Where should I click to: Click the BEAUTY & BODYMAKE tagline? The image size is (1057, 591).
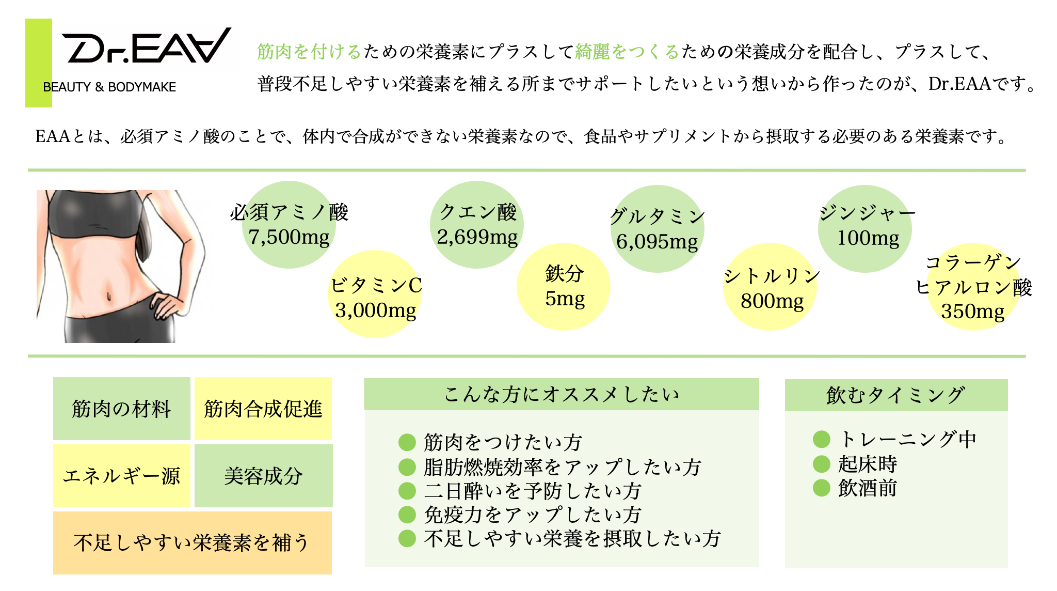click(109, 87)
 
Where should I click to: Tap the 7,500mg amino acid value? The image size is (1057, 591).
click(289, 237)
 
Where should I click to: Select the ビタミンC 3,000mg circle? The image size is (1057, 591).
click(376, 294)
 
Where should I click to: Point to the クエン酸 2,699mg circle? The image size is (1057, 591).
click(477, 225)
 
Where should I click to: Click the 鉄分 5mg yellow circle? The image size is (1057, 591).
click(564, 287)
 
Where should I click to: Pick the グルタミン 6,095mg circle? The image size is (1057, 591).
click(658, 229)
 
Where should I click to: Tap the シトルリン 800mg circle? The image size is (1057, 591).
click(770, 287)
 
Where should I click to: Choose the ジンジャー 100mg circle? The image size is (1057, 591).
click(865, 229)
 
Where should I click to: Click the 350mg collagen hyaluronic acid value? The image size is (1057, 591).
click(973, 312)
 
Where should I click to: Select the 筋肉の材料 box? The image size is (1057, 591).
click(122, 409)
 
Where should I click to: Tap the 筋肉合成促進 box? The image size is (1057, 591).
click(263, 409)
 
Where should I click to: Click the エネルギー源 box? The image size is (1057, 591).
click(122, 476)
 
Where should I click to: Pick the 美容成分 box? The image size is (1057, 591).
click(264, 476)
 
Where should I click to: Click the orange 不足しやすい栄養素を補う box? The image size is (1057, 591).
click(193, 543)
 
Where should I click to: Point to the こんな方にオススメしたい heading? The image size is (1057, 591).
click(562, 394)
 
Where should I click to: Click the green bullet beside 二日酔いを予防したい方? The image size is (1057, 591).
click(407, 491)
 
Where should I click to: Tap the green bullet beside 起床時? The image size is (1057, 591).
click(821, 464)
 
